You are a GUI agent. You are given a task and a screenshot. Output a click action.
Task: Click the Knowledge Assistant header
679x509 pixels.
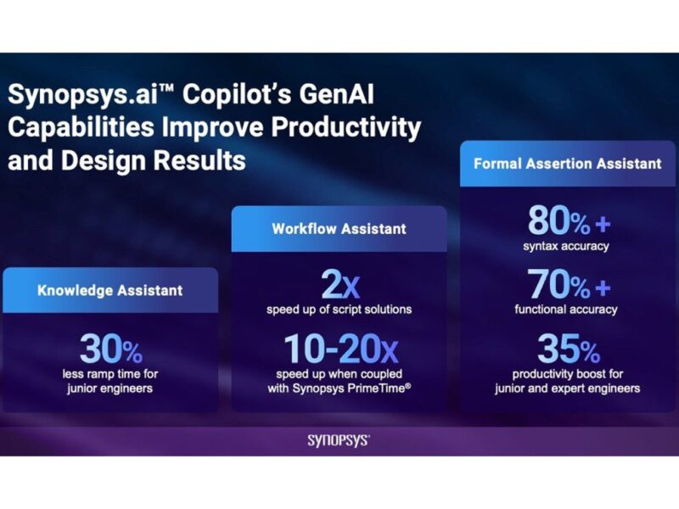coord(109,290)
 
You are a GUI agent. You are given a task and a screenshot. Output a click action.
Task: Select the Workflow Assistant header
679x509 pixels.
coord(339,228)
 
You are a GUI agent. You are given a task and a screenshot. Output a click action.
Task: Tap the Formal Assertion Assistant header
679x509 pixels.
coord(567,163)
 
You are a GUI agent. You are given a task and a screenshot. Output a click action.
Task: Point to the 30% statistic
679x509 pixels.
coord(110,350)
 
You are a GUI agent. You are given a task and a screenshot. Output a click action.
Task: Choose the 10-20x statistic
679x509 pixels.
coord(339,350)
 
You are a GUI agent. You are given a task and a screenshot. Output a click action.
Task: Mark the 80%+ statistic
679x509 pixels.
coord(567,221)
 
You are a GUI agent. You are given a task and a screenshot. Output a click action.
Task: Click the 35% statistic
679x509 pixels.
coord(567,348)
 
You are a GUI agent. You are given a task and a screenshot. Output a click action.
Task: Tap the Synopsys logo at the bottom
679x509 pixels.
coord(339,440)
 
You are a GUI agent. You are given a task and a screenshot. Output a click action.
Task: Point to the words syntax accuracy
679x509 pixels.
coord(567,247)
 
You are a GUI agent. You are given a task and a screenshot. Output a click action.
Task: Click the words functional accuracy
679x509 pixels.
coord(567,310)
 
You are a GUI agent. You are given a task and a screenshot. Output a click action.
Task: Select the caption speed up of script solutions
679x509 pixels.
coord(339,310)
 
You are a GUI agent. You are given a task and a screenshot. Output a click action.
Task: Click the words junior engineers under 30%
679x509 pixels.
coord(110,389)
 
